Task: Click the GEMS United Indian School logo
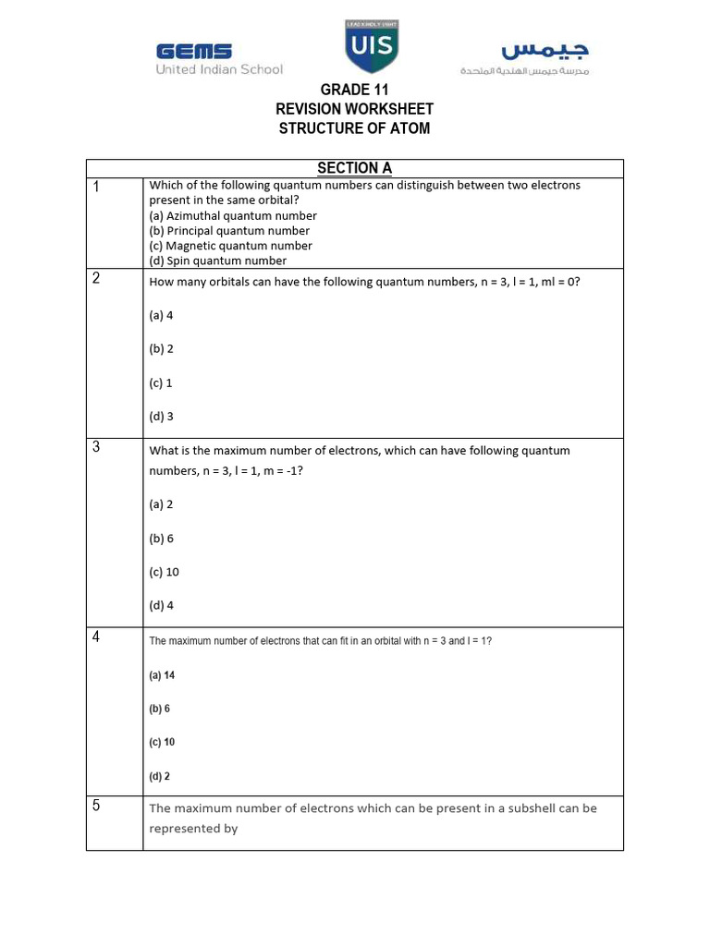(219, 58)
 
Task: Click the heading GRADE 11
(354, 90)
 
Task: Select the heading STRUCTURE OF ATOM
(354, 128)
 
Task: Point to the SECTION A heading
(354, 168)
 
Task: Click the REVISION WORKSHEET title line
(354, 109)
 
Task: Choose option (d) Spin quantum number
(218, 261)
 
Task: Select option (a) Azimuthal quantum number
(233, 215)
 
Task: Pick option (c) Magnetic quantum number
(230, 246)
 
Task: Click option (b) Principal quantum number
(229, 230)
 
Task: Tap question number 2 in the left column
(96, 279)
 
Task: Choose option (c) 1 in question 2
(161, 382)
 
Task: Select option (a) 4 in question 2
(161, 315)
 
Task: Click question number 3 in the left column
(96, 448)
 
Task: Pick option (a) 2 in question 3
(161, 504)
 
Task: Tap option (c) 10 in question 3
(164, 572)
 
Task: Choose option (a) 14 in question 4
(162, 675)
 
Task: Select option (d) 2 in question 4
(159, 777)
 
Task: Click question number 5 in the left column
(96, 806)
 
